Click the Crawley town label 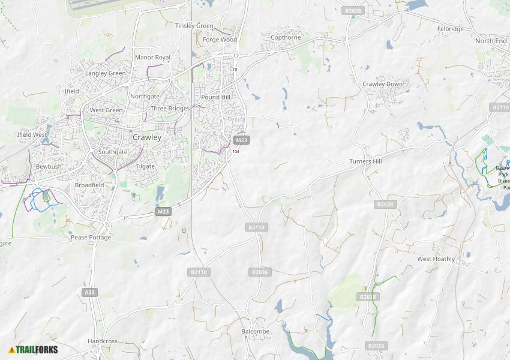tap(147, 137)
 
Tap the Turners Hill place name tap(366, 162)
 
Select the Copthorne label tap(286, 37)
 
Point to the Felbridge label tap(451, 29)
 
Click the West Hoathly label tap(436, 259)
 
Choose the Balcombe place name tap(256, 331)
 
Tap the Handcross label tap(103, 341)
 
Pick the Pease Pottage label tap(91, 238)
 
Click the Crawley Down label tap(382, 84)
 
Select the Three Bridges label tap(170, 109)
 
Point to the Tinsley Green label tap(194, 26)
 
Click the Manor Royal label tap(152, 58)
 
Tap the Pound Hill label tap(215, 97)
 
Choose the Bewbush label tap(49, 166)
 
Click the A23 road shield tap(89, 292)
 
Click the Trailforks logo tap(33, 350)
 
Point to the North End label tap(491, 41)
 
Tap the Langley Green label tap(106, 73)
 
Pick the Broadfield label tap(89, 185)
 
